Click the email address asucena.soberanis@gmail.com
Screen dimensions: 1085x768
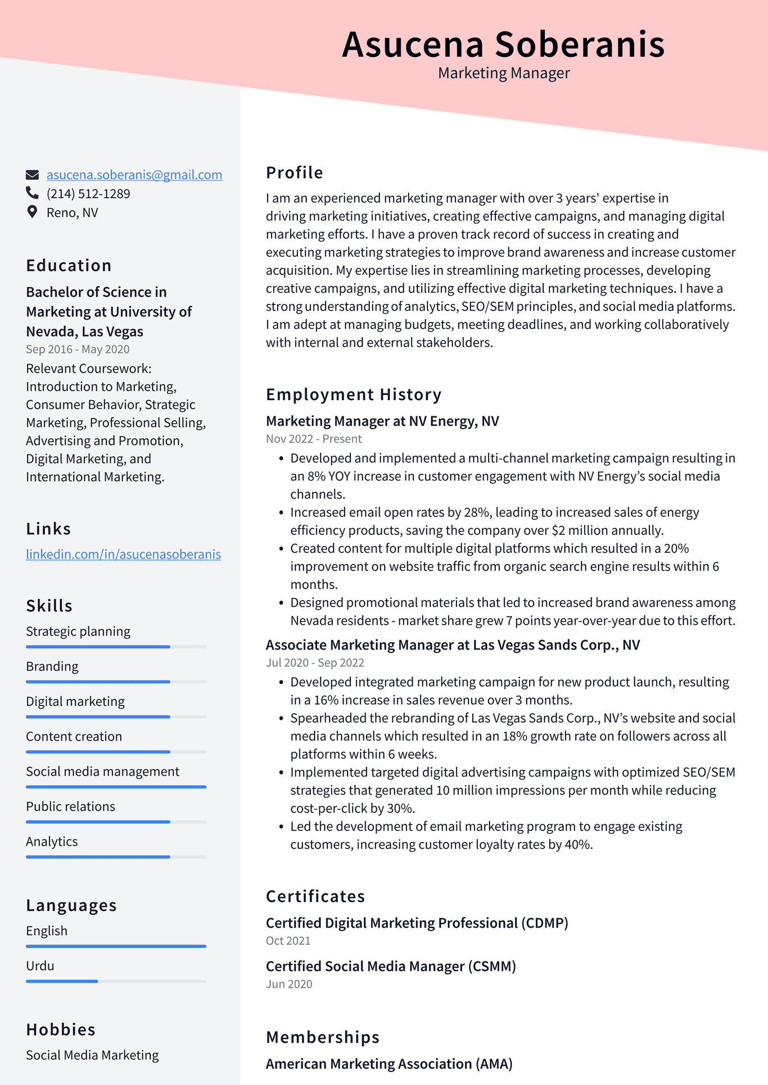[134, 175]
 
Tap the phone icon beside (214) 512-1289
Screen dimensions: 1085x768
[32, 193]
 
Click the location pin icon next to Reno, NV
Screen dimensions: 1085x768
[32, 212]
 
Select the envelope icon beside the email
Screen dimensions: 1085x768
[32, 175]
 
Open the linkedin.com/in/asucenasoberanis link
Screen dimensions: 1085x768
[123, 555]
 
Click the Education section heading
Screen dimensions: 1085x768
[69, 266]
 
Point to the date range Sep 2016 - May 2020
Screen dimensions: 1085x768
[78, 349]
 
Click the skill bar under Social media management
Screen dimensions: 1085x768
[116, 787]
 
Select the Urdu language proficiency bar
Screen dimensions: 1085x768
[116, 981]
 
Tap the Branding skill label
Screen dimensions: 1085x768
[52, 666]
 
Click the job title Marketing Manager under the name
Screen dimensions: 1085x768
[504, 73]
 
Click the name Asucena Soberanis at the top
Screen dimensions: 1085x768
[503, 44]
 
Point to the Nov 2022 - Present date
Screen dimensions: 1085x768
[314, 439]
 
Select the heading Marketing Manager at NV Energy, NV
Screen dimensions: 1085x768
[382, 421]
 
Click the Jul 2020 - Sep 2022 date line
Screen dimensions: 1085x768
[315, 662]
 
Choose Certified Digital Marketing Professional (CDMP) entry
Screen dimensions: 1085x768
[417, 923]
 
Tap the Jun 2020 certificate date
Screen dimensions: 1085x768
[289, 984]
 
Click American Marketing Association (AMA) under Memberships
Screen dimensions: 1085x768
[389, 1064]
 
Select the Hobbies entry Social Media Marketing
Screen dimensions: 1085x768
[92, 1055]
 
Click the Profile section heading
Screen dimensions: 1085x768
[295, 173]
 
